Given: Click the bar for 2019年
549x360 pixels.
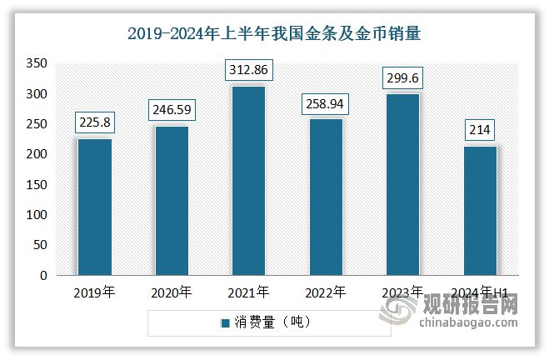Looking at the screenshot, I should pyautogui.click(x=94, y=207).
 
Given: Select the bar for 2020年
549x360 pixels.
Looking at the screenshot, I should pyautogui.click(x=171, y=201).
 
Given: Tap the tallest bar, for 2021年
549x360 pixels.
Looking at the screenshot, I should pyautogui.click(x=248, y=181).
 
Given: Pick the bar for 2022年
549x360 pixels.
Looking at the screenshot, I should pyautogui.click(x=325, y=197).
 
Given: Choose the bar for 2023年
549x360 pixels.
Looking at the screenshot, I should pyautogui.click(x=402, y=184).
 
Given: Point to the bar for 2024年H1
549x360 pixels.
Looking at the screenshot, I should pyautogui.click(x=479, y=211).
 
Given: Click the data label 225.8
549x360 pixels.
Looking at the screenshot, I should pyautogui.click(x=94, y=122).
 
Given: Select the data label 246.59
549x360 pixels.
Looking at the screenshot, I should pyautogui.click(x=171, y=109).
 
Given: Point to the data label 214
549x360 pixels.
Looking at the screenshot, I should pyautogui.click(x=479, y=129).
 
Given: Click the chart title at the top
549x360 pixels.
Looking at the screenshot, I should pyautogui.click(x=274, y=33).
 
